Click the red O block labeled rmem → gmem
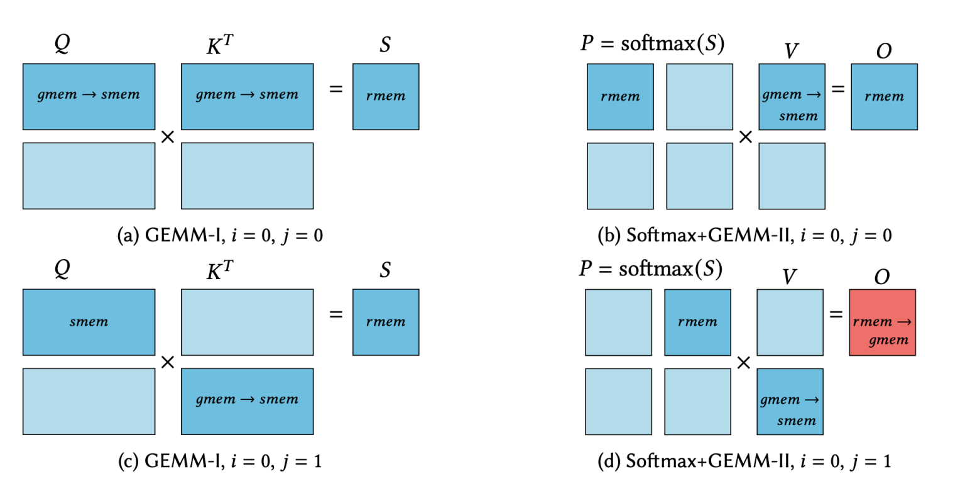click(x=882, y=323)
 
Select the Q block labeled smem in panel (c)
click(x=89, y=323)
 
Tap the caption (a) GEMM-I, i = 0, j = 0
click(x=220, y=235)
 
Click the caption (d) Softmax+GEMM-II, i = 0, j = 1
click(x=744, y=461)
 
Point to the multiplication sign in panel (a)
click(x=168, y=136)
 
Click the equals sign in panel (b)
click(x=838, y=89)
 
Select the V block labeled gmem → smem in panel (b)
click(x=792, y=97)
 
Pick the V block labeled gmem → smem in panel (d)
click(x=790, y=402)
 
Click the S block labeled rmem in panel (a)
click(x=385, y=97)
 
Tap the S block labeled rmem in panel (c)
click(x=385, y=323)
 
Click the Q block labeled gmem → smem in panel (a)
click(x=89, y=97)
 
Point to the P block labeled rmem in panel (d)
click(x=697, y=323)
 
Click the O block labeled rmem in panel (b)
click(x=884, y=97)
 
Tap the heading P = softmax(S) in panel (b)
click(x=652, y=43)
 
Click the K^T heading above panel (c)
click(x=219, y=270)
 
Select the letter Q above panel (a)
click(x=62, y=44)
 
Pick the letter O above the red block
click(x=881, y=277)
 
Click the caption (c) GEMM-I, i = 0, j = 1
click(x=220, y=461)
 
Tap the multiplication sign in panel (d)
click(x=743, y=363)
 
